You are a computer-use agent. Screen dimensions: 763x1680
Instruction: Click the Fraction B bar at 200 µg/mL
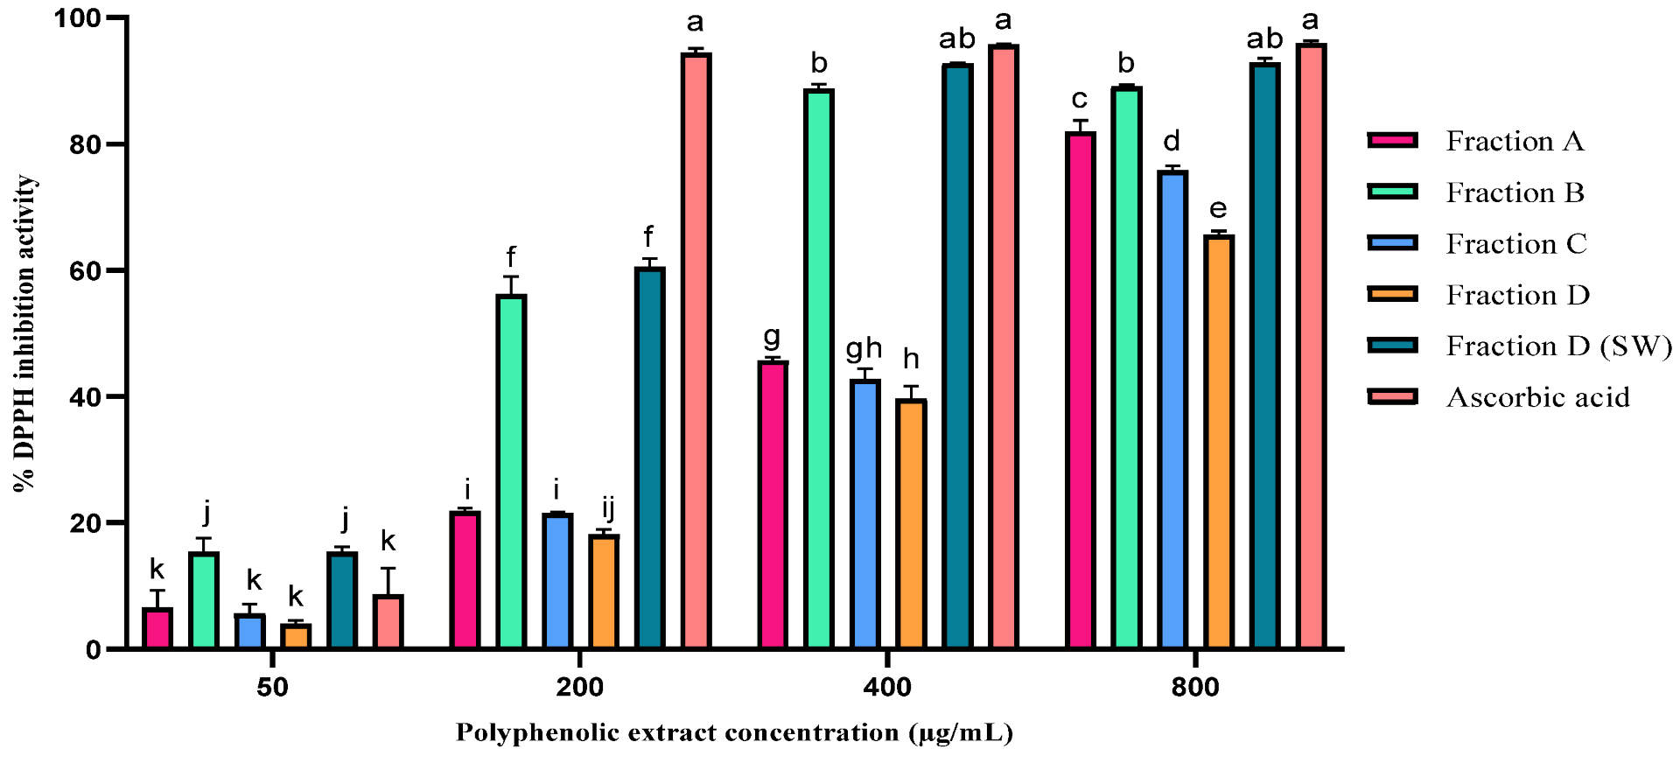(x=511, y=472)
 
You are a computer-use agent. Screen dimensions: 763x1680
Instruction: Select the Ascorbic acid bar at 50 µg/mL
(x=388, y=622)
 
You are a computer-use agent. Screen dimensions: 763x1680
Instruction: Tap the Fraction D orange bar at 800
(x=1218, y=442)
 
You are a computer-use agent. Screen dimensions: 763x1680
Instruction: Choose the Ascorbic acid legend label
(x=1537, y=397)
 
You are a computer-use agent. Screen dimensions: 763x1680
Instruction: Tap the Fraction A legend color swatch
(x=1392, y=141)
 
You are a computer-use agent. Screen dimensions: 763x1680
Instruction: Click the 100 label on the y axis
(x=77, y=17)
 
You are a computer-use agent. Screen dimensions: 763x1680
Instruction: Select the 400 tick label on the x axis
(x=886, y=687)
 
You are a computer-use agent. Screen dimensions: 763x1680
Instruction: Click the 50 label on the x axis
(x=272, y=687)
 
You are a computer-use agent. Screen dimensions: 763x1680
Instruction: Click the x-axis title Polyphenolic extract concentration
(x=733, y=732)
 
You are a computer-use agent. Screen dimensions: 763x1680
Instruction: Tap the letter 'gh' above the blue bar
(x=864, y=348)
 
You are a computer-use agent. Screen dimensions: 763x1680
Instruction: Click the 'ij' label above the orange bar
(x=607, y=507)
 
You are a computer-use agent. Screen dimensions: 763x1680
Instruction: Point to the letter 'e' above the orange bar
(x=1218, y=209)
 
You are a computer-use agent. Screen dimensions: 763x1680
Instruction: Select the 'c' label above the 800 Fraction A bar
(x=1080, y=99)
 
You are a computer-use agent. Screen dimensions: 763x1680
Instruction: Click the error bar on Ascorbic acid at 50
(x=388, y=581)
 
